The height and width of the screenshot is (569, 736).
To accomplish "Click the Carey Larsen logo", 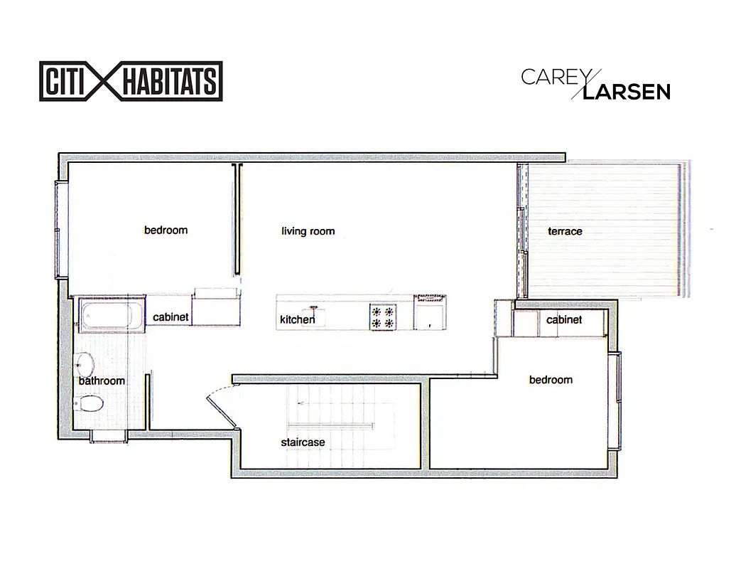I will pyautogui.click(x=595, y=84).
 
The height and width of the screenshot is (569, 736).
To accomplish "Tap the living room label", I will pyautogui.click(x=308, y=231).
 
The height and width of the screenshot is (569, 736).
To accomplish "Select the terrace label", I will pyautogui.click(x=565, y=231).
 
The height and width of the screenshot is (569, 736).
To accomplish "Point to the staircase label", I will pyautogui.click(x=303, y=442).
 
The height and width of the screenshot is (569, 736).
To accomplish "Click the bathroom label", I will pyautogui.click(x=102, y=381).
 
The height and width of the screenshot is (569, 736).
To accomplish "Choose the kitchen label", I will pyautogui.click(x=297, y=320).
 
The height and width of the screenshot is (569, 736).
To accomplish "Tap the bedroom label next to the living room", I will pyautogui.click(x=166, y=230).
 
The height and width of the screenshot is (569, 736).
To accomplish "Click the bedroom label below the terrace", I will pyautogui.click(x=551, y=380).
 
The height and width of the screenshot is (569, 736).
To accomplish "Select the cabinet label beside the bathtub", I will pyautogui.click(x=171, y=317).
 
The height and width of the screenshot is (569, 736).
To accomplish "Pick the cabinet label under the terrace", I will pyautogui.click(x=564, y=320).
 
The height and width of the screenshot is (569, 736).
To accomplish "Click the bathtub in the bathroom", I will pyautogui.click(x=109, y=317).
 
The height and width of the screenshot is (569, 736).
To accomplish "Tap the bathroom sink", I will pyautogui.click(x=85, y=364).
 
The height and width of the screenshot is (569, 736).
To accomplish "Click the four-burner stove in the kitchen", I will pyautogui.click(x=381, y=317).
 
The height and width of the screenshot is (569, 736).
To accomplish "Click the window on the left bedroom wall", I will pyautogui.click(x=62, y=228).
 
